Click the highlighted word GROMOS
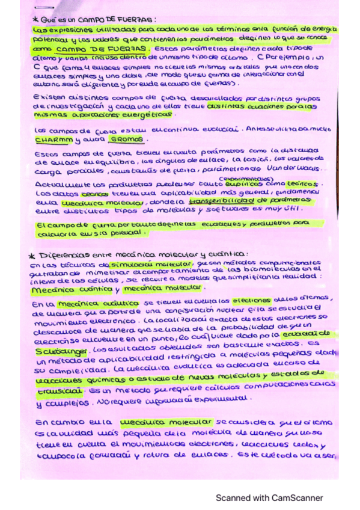click(x=129, y=139)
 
